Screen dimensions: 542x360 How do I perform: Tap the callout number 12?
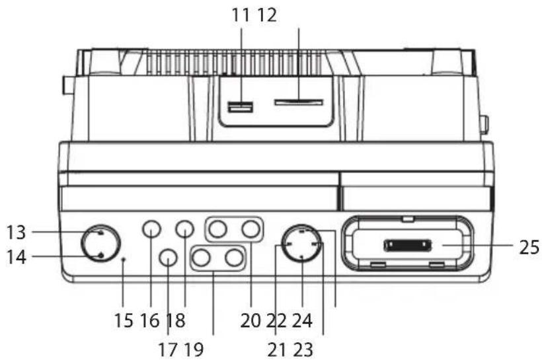(267, 15)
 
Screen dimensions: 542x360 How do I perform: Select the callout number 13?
(17, 232)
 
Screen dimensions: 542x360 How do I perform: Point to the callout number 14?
(17, 257)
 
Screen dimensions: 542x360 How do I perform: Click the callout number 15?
(124, 320)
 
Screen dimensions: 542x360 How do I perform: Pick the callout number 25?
(529, 247)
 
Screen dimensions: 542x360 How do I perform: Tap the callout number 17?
(168, 349)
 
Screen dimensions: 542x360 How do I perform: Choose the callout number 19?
(194, 349)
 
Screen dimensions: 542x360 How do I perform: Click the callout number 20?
(251, 320)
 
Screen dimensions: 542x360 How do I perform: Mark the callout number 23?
(303, 349)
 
